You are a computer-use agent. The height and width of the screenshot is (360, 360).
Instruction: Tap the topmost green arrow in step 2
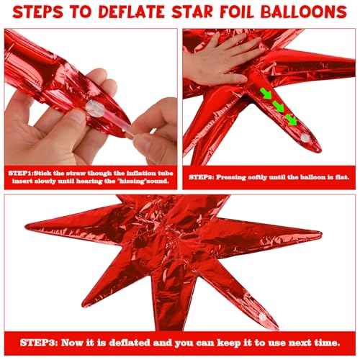point(266,93)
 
